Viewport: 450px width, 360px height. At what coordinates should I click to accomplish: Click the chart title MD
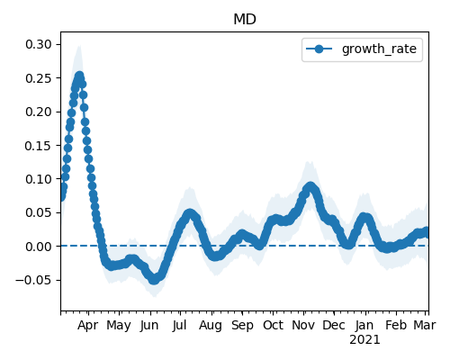(245, 20)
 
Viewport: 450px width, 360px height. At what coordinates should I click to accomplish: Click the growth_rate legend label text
(379, 49)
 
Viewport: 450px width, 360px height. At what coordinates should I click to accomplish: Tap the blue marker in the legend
(319, 49)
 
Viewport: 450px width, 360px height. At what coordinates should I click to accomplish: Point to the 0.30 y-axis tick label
(39, 44)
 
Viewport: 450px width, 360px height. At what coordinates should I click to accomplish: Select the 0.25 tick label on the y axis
(39, 78)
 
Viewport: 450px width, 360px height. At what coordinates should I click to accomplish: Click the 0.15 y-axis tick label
(39, 146)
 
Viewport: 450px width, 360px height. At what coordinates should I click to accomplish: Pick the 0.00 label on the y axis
(39, 247)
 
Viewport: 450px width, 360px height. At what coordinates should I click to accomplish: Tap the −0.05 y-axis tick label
(34, 280)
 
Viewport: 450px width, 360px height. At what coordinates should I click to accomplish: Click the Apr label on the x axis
(88, 326)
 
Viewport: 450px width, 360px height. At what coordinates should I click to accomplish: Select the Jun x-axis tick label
(149, 326)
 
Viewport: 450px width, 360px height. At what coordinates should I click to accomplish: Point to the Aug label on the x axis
(211, 326)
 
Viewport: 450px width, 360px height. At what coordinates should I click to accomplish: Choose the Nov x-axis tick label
(303, 326)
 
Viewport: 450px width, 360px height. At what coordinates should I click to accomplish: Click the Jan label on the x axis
(364, 326)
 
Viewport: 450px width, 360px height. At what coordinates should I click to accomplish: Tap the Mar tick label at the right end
(425, 326)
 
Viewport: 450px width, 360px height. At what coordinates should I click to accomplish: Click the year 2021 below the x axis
(364, 340)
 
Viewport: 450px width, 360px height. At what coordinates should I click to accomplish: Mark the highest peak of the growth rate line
(79, 76)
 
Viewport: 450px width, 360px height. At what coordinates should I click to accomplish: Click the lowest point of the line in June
(154, 280)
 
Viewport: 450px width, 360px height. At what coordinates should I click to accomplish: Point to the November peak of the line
(310, 186)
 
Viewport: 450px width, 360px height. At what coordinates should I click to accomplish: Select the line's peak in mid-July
(190, 213)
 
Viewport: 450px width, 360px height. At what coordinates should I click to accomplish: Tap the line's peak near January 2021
(364, 217)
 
